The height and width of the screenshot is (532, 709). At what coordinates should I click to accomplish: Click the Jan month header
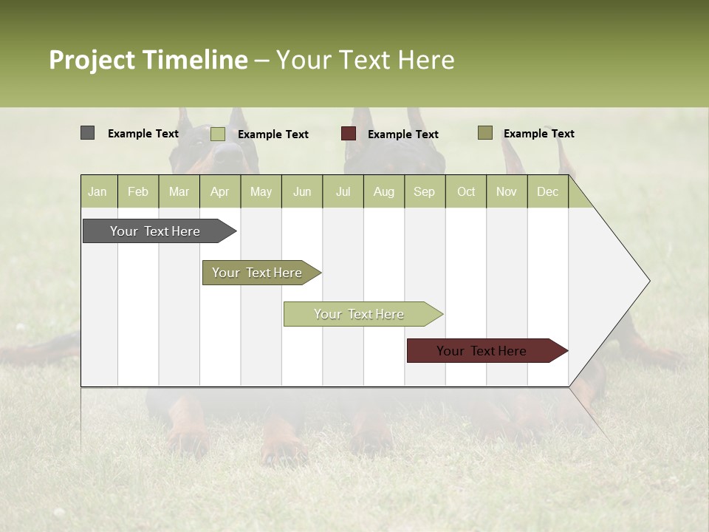[x=98, y=191]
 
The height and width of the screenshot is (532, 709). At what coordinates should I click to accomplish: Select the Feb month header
[x=138, y=191]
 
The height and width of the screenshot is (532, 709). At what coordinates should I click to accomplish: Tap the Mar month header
[x=179, y=191]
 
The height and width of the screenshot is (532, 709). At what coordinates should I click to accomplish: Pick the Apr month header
[x=220, y=191]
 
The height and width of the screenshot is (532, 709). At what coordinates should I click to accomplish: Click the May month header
[x=261, y=191]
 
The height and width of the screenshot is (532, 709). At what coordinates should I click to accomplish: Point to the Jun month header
[x=302, y=191]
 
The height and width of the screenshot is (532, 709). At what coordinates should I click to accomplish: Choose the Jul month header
[x=343, y=191]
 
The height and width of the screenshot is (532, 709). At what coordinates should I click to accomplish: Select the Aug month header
[x=384, y=191]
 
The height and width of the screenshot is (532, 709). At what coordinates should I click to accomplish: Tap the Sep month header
[x=425, y=191]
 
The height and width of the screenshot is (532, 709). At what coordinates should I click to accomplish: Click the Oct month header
[x=466, y=191]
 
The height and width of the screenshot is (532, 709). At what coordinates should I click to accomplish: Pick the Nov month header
[x=507, y=191]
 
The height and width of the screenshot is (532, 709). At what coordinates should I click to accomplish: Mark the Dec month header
[x=548, y=191]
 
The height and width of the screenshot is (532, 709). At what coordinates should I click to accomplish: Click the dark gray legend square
[x=87, y=133]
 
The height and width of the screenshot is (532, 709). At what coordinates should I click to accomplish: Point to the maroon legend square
[x=349, y=134]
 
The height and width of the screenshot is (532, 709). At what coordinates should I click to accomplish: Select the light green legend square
[x=218, y=134]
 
